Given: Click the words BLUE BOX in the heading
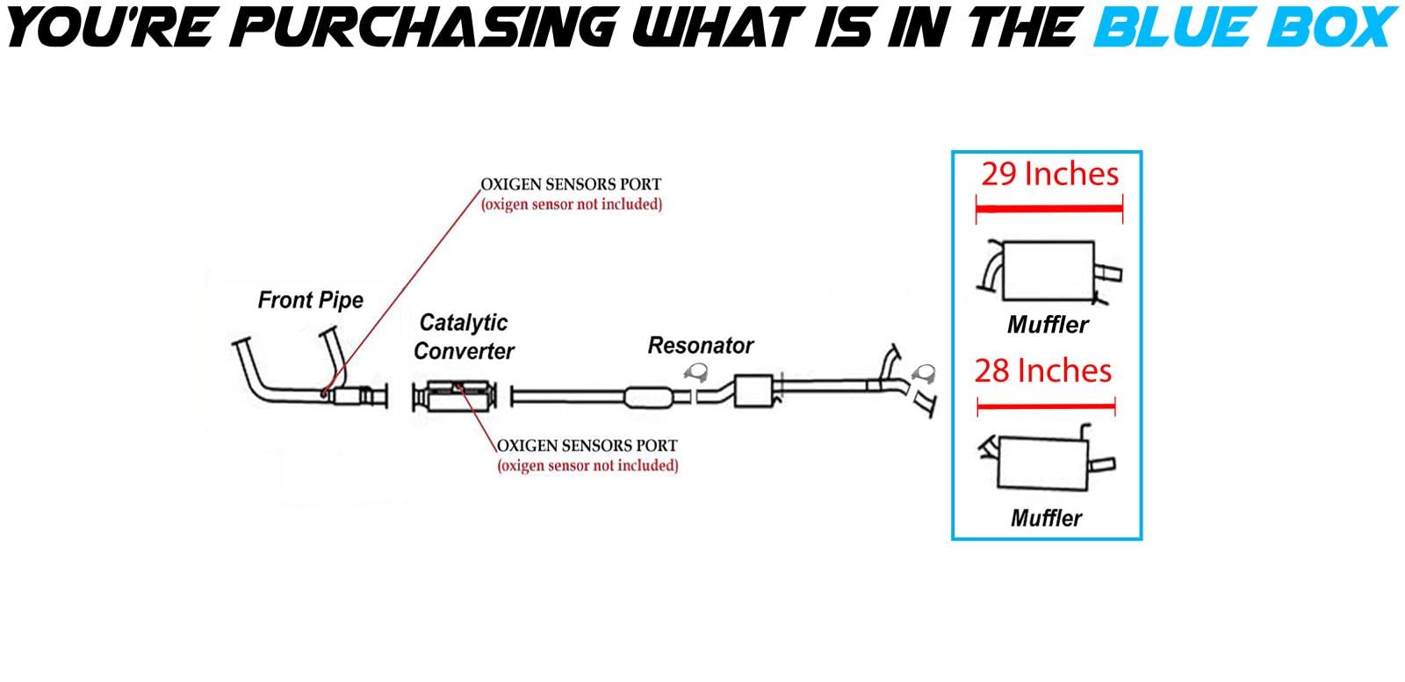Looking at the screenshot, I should coord(1245,26).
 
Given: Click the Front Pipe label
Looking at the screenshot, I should coord(310,300).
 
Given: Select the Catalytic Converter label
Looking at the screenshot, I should coord(464,337).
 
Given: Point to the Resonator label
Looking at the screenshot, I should coord(700,346).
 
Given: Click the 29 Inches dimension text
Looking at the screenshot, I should coord(1049,174).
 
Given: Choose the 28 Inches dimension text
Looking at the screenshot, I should coord(1042,370).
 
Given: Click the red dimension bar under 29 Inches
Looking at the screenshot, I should coord(1049,209).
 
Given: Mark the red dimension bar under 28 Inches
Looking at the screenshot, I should coord(1045,406).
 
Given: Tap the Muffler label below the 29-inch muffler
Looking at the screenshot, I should coord(1048,325).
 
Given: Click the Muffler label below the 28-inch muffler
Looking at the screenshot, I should coord(1046,518).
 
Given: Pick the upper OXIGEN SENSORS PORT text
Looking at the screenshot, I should coord(571,184).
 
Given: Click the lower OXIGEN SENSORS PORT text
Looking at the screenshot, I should coord(587,445).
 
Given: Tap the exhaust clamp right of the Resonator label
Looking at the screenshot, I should coord(699,374).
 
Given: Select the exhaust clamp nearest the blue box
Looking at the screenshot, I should coord(923,375).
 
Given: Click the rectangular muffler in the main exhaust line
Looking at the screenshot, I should coord(753,391).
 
